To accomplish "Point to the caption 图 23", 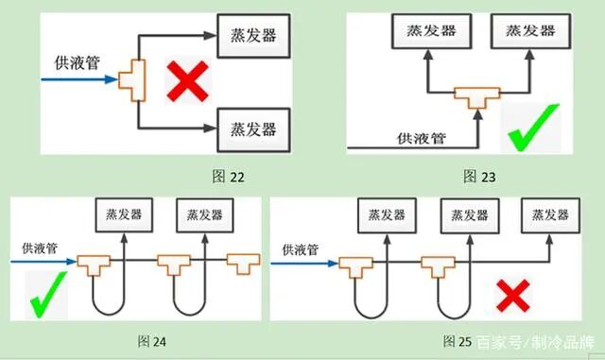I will pyautogui.click(x=480, y=175).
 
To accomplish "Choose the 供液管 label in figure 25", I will pyautogui.click(x=300, y=249).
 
